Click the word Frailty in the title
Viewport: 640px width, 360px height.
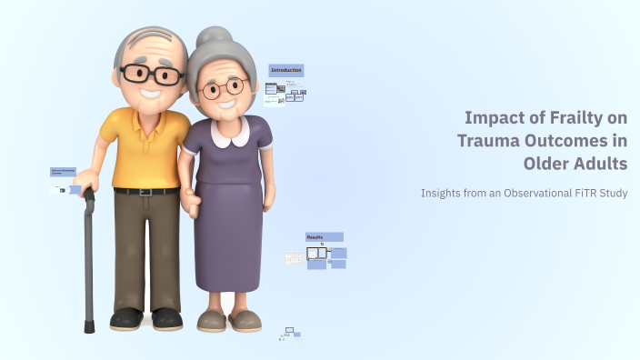564,118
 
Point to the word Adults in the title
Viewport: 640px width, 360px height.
601,164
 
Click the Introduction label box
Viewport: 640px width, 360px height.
286,70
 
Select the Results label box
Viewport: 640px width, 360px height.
324,236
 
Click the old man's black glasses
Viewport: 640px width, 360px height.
151,74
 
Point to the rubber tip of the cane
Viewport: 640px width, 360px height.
89,326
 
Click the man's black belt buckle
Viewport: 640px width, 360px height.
146,191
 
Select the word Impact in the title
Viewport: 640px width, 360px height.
491,118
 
